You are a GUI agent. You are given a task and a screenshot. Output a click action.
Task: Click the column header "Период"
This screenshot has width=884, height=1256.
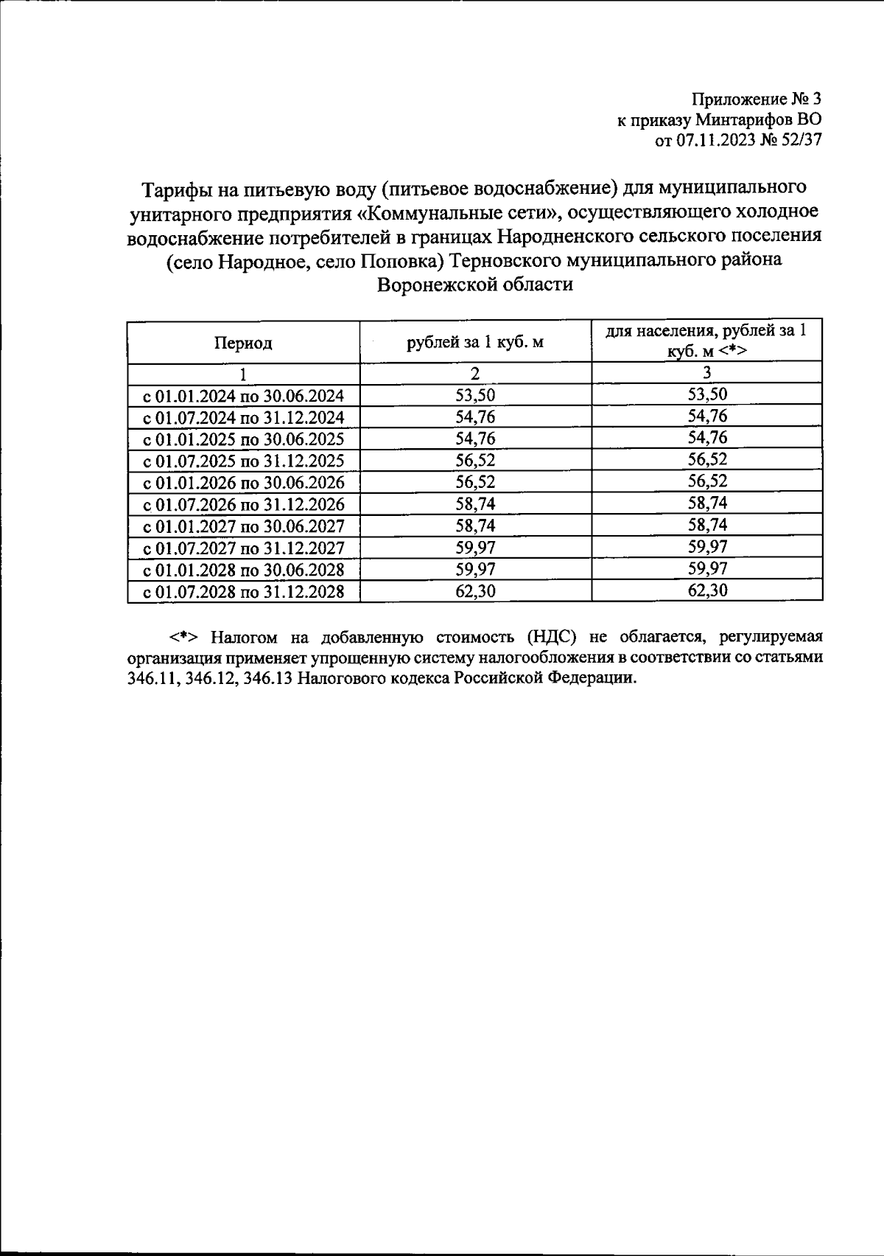pos(243,343)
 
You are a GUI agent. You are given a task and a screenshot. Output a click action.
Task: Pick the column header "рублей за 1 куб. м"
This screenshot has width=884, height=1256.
pos(475,342)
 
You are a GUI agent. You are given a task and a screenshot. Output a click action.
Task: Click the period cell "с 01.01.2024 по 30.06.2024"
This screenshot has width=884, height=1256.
pos(243,397)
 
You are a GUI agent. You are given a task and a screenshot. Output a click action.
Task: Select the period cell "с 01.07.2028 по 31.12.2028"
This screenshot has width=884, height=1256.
pos(243,592)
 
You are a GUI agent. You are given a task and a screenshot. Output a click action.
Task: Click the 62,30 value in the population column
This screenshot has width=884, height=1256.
pos(707,590)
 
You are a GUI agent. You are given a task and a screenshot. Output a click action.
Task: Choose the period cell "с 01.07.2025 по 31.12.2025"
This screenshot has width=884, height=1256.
pos(243,461)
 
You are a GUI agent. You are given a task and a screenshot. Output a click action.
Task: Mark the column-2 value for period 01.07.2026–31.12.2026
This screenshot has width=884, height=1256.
pos(475,504)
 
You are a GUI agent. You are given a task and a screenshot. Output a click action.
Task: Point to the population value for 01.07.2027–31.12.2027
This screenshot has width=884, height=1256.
pos(707,547)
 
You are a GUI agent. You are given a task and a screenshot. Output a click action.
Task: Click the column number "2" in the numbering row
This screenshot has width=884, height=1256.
pos(475,374)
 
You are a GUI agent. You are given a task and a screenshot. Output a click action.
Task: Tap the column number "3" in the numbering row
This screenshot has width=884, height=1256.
pos(707,373)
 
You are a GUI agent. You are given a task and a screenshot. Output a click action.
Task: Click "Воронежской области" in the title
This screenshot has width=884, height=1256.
pos(474,285)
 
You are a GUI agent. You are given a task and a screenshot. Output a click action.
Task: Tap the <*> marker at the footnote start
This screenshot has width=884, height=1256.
pos(181,637)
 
